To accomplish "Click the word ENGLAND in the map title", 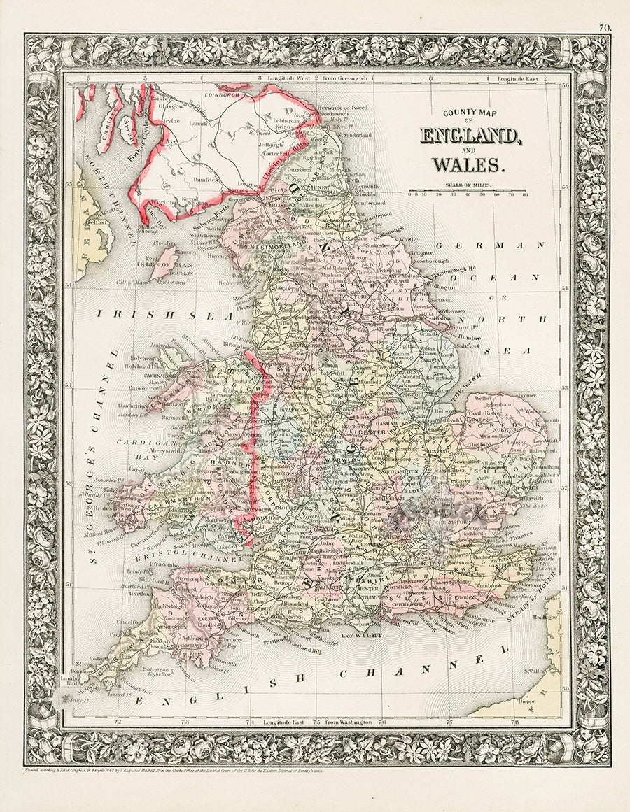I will point(470,135).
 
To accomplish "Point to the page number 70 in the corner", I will point(605,28).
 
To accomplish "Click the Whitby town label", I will point(409,239).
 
